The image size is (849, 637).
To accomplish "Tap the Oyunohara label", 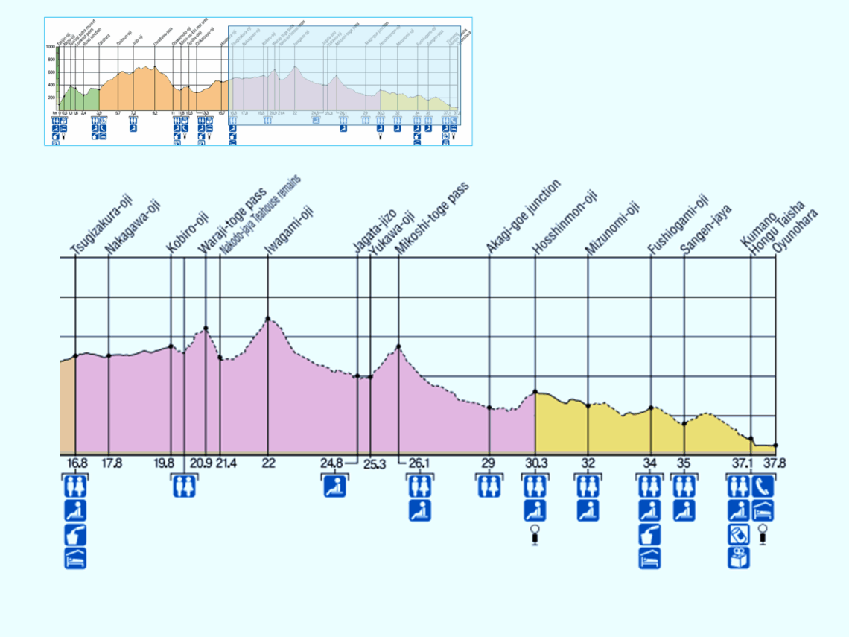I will [795, 231].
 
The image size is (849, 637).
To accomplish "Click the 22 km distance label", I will [268, 463].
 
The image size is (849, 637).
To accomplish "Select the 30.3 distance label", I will [535, 463].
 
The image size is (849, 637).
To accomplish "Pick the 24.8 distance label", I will [332, 463].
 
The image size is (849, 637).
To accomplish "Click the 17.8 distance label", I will [112, 463].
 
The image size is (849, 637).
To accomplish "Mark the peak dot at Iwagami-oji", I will [267, 319].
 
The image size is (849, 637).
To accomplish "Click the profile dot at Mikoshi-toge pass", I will [399, 346].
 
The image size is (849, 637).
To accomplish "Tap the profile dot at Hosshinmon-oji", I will [535, 392].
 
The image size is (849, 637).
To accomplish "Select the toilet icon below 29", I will [489, 486].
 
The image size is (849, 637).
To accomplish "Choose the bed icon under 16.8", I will [75, 557].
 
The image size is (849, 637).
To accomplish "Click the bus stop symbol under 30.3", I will [535, 533].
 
